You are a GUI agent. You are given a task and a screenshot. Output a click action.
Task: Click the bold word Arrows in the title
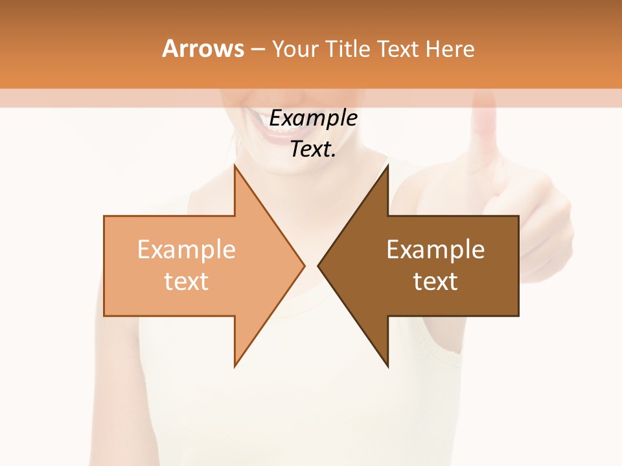(203, 49)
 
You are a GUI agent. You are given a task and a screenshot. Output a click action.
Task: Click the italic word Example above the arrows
(313, 118)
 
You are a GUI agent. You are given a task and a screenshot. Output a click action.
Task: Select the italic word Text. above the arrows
(313, 150)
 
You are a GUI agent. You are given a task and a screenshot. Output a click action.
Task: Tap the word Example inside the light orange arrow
(187, 250)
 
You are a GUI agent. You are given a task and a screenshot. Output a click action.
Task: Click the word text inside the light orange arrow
(187, 282)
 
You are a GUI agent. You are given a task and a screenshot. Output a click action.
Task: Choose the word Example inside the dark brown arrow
(435, 250)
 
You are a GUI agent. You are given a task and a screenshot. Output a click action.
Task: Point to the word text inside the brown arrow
(435, 282)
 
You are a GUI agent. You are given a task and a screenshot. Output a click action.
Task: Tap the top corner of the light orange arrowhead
(235, 166)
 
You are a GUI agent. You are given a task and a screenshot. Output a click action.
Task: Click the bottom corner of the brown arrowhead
(387, 366)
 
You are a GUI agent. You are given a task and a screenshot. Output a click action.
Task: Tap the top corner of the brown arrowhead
(387, 166)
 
